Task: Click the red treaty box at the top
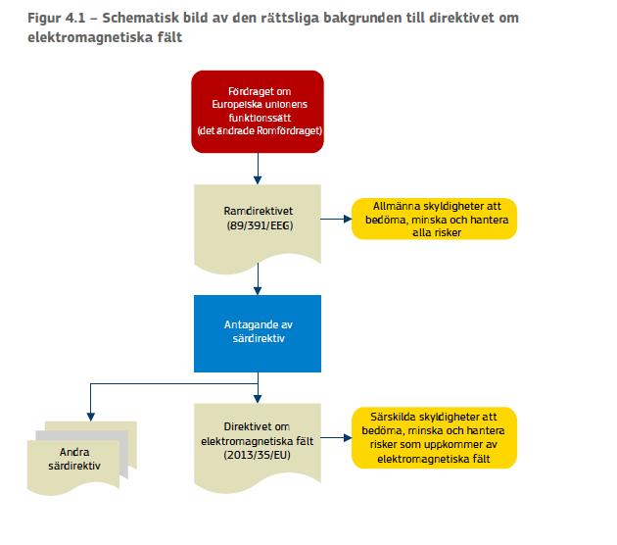tap(258, 112)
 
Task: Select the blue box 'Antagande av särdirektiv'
tap(258, 333)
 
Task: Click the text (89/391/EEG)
tap(260, 225)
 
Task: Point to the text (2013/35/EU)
tap(258, 455)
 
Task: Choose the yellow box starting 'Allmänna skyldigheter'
tap(434, 219)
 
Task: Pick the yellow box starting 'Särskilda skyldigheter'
tap(434, 437)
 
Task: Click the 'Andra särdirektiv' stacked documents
tap(82, 458)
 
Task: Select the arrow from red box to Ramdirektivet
tap(258, 169)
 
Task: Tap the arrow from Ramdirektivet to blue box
tap(258, 278)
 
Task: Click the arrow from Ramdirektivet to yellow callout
tap(336, 219)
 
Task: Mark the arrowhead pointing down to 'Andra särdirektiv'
tap(90, 417)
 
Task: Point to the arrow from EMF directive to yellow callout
tap(336, 437)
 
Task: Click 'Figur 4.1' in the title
tap(56, 18)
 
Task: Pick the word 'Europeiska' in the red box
tap(234, 104)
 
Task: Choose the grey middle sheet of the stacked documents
tap(82, 453)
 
